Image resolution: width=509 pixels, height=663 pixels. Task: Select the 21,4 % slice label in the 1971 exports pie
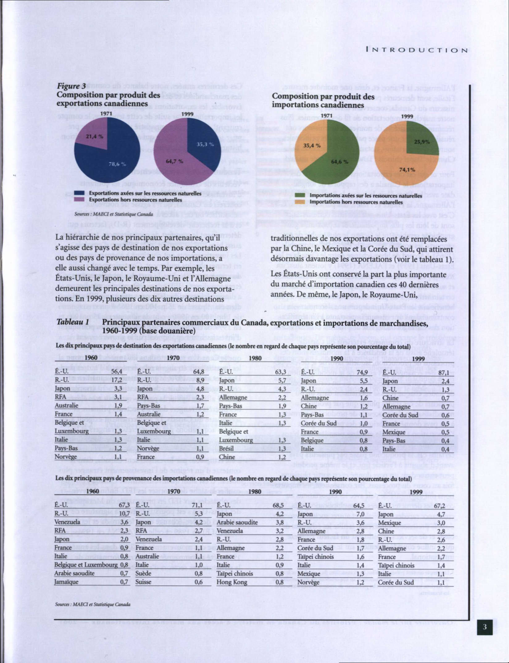pos(94,137)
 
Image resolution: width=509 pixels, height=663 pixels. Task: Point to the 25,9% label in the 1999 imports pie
pos(422,142)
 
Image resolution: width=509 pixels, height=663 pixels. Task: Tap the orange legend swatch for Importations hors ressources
pos(301,202)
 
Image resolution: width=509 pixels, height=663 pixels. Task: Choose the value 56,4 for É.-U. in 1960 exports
pos(117,371)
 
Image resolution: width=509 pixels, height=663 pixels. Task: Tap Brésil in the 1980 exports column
pos(227,449)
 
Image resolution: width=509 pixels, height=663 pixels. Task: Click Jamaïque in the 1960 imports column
pos(66,582)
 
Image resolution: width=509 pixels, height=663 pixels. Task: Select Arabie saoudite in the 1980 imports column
pos(237,522)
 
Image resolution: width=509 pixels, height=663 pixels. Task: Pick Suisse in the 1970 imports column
pos(143,582)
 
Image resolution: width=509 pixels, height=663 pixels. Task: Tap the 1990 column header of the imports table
pos(336,492)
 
